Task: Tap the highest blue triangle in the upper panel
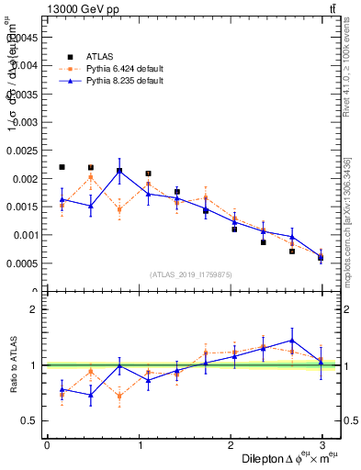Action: pyautogui.click(x=119, y=171)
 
